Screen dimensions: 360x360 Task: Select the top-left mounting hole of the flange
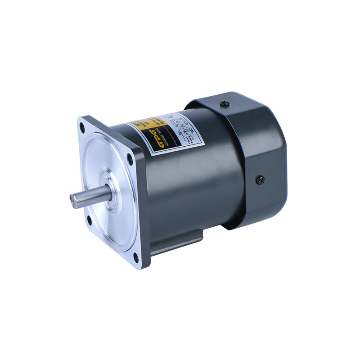(x=82, y=128)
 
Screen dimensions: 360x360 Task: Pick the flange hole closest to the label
(x=130, y=158)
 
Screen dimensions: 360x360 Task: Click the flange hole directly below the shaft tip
(x=89, y=220)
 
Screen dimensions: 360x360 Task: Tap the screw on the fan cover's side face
(x=260, y=180)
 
